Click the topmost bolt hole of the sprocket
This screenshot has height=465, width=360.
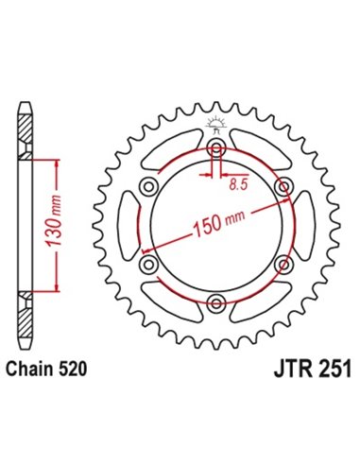[217, 151]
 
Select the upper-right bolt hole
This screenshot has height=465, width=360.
[283, 189]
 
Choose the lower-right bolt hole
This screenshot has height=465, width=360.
[283, 265]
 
